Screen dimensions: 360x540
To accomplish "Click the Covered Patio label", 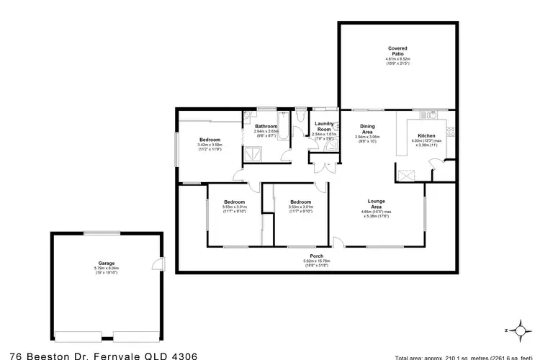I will [397, 51].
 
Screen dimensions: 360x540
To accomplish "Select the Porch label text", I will [316, 258].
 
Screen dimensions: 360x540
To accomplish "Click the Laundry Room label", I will [324, 127].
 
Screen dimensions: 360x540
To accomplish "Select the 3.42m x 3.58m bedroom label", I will [210, 140].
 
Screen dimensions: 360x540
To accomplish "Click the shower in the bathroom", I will [255, 152].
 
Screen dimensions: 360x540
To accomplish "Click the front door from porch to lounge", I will [338, 243].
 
